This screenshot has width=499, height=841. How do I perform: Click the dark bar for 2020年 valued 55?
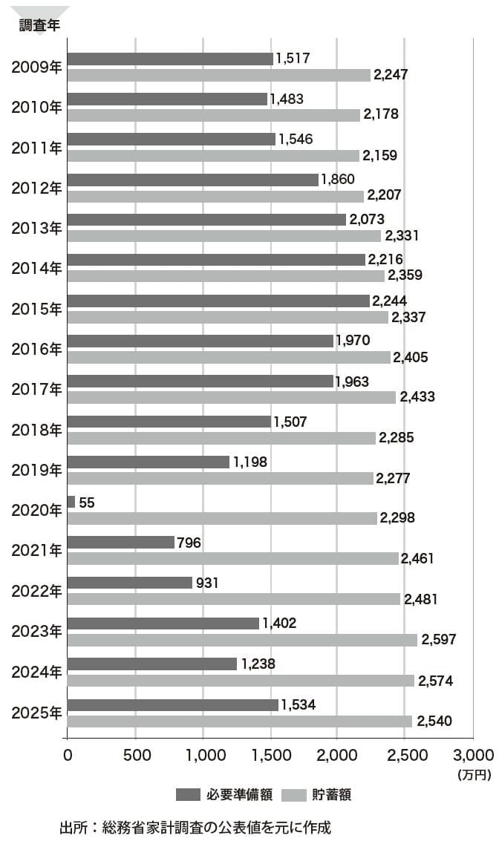tap(71, 502)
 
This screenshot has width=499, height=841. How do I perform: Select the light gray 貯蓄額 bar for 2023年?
tap(243, 640)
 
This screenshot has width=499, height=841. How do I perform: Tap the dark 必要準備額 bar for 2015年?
tap(219, 301)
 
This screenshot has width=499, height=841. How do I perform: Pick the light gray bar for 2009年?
tap(219, 75)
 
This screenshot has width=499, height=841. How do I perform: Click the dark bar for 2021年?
tap(121, 543)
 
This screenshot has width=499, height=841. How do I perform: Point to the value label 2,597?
tap(438, 639)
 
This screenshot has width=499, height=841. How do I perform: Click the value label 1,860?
tap(338, 179)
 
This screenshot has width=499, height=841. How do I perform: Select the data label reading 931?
tap(207, 583)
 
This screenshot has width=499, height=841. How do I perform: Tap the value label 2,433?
tap(417, 397)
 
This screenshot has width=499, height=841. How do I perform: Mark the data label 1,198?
tap(250, 462)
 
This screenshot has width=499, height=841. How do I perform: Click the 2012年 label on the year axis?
tap(36, 189)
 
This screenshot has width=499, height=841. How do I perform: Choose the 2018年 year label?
tap(36, 431)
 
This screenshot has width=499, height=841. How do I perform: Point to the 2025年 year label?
tap(36, 713)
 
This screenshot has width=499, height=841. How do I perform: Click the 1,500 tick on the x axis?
tap(272, 756)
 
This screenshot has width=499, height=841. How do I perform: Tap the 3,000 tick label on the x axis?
tap(473, 756)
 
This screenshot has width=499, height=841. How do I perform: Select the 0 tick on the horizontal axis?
tap(68, 756)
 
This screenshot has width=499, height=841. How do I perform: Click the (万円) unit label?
tap(474, 774)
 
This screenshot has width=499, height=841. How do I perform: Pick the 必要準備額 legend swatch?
tap(188, 795)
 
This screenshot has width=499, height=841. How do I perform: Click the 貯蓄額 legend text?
tap(332, 795)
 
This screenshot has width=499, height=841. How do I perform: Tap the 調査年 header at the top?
tap(39, 25)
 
